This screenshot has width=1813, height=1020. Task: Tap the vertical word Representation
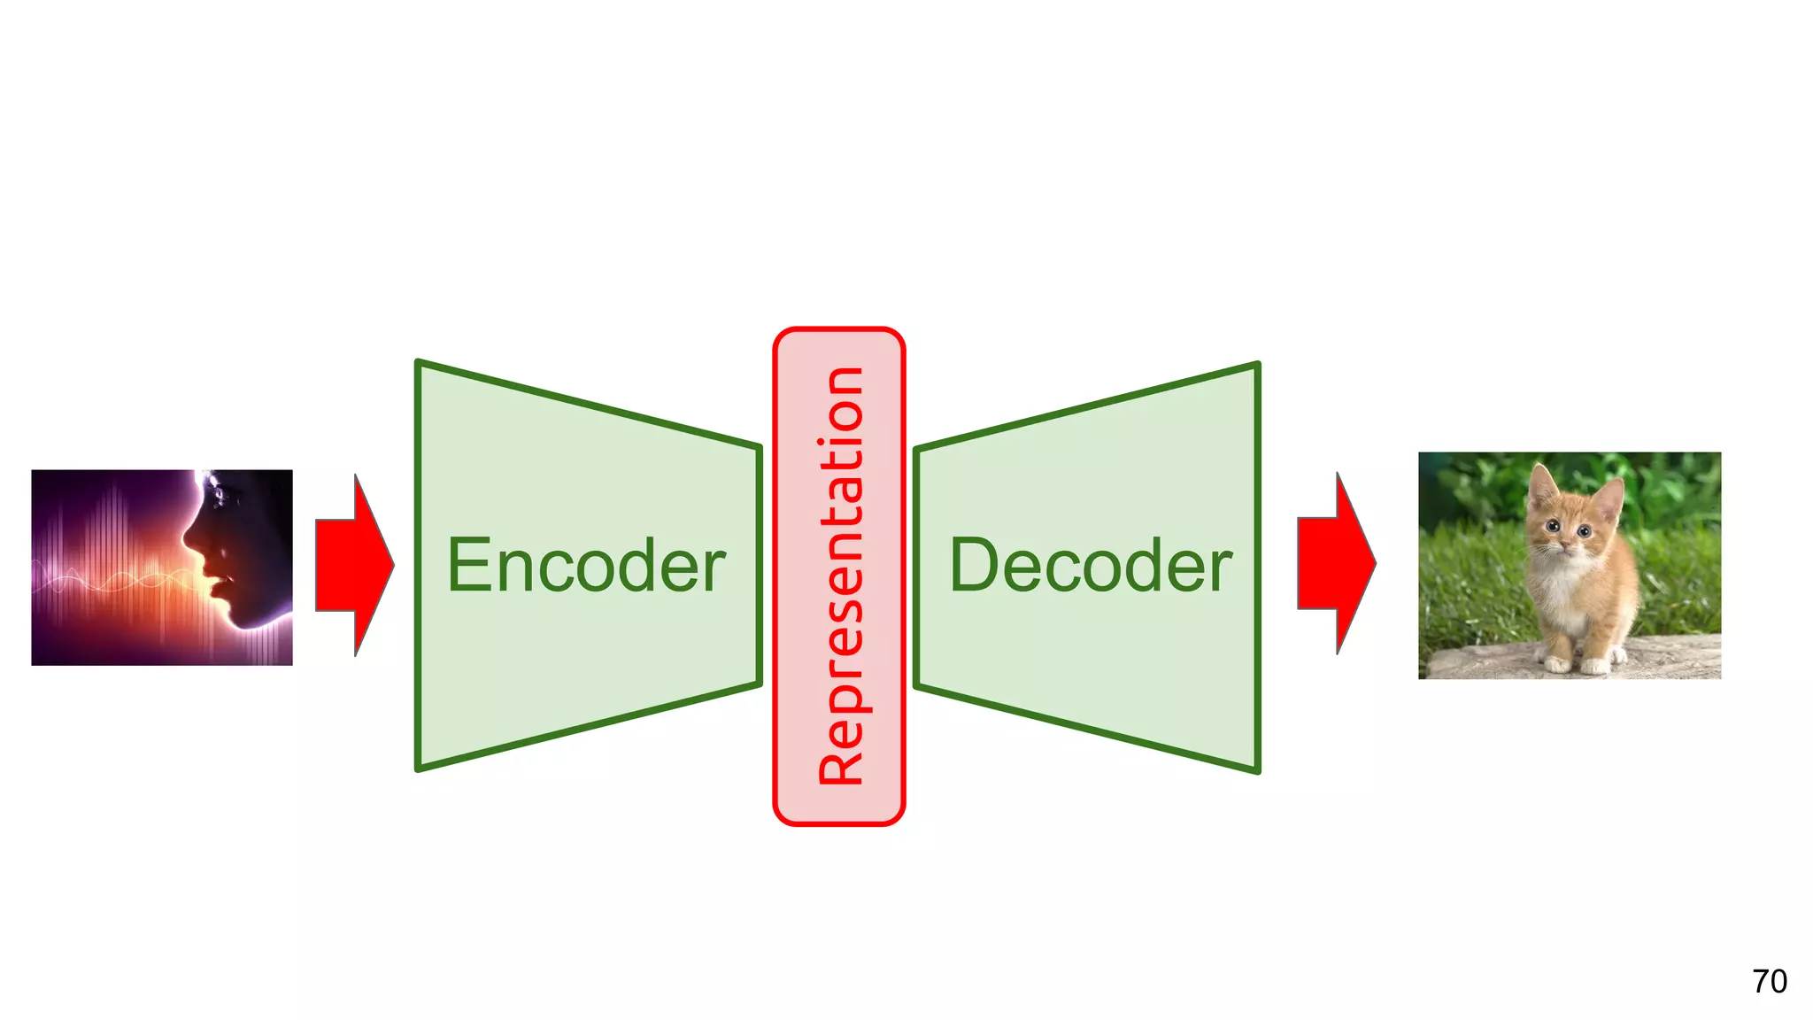840,576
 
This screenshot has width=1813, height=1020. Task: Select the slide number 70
1769,981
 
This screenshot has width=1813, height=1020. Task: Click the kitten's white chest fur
1562,593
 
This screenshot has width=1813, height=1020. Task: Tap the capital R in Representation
840,761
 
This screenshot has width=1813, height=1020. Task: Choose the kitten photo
1570,566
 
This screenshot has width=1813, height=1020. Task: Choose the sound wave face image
162,568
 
